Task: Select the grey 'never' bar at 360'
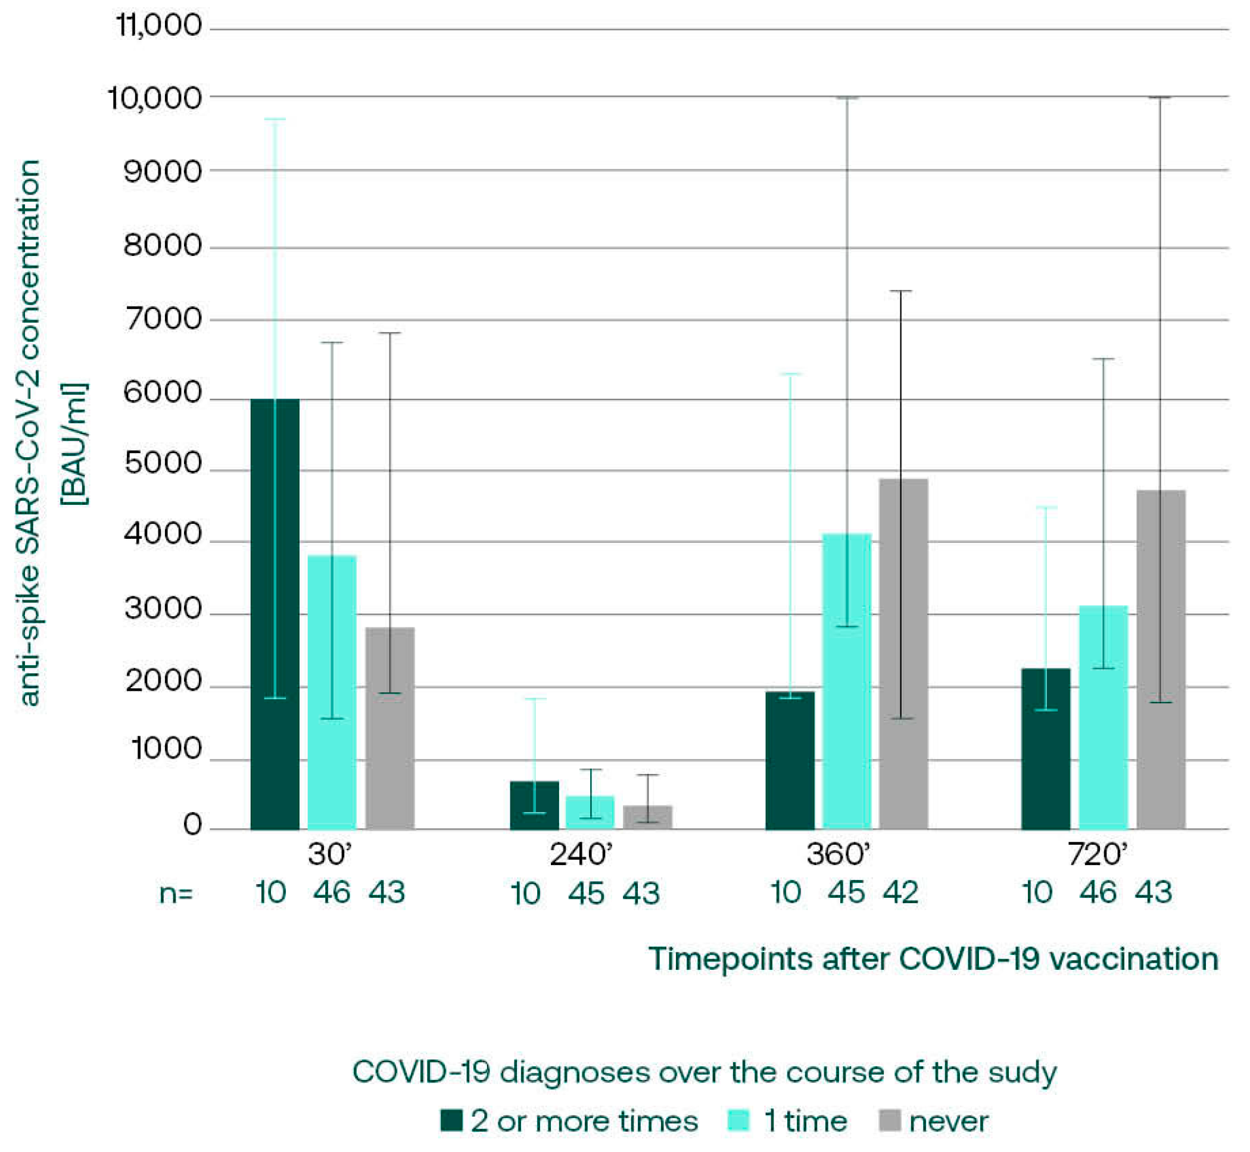(903, 654)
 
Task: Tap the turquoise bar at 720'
(1103, 717)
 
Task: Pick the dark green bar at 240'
(534, 805)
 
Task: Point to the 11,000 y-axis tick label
(160, 26)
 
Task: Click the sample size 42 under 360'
(900, 893)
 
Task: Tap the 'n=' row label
(176, 894)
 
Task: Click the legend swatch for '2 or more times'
(451, 1120)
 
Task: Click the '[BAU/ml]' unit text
(74, 445)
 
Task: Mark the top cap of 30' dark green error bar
(275, 119)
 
